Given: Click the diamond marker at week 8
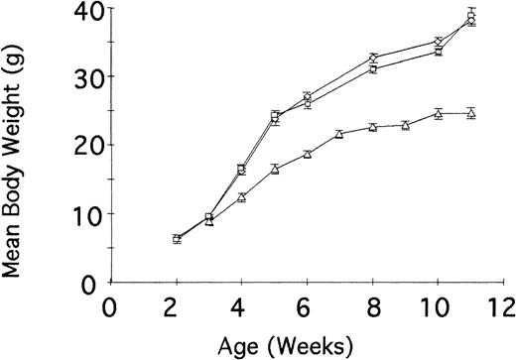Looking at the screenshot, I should coord(373,59).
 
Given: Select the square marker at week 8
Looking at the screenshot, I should coord(373,69).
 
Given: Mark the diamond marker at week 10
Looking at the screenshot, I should coord(439,42).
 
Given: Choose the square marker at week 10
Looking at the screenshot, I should coord(439,51).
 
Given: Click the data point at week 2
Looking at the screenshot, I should coord(177,239).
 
